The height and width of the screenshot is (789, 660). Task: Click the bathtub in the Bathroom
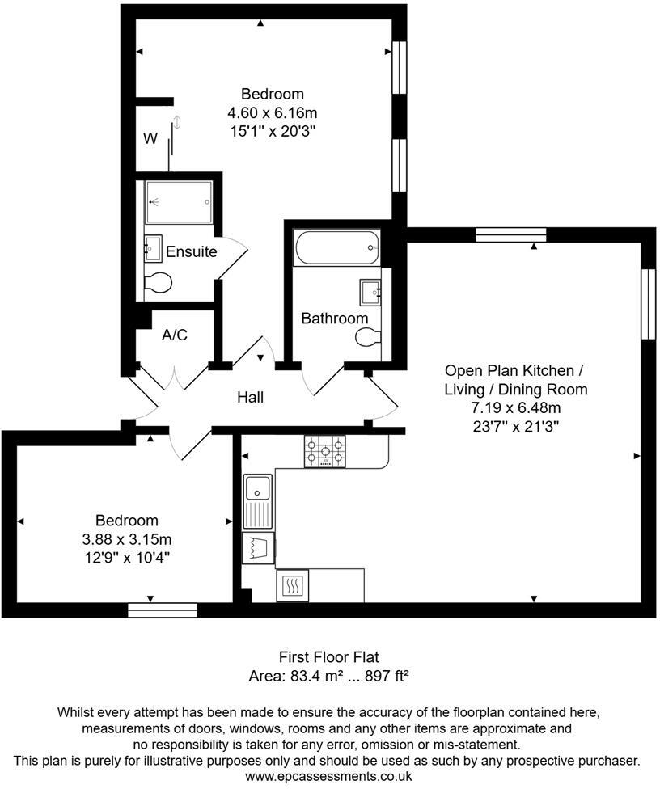click(x=337, y=247)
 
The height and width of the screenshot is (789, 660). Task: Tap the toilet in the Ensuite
click(x=158, y=283)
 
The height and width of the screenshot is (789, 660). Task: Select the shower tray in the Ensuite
click(x=178, y=202)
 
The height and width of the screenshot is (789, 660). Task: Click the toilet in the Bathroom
click(x=368, y=338)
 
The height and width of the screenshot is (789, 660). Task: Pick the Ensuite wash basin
click(x=153, y=247)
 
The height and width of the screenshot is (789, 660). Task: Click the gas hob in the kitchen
click(x=324, y=451)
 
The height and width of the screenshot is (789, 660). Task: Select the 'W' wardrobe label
click(x=150, y=138)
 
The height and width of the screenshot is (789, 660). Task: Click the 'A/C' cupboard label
click(x=175, y=335)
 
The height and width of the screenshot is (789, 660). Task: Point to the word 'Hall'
click(x=250, y=397)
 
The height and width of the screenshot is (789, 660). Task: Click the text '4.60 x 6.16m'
click(x=272, y=112)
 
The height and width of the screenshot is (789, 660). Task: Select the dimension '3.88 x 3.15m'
click(x=127, y=539)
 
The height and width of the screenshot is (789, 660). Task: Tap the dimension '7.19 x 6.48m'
click(x=515, y=407)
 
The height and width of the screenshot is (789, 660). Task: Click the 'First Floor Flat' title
click(x=329, y=656)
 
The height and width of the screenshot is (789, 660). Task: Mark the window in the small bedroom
click(x=162, y=610)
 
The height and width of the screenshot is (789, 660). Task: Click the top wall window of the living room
click(x=510, y=234)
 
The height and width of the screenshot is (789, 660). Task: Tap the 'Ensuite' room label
click(x=191, y=251)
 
